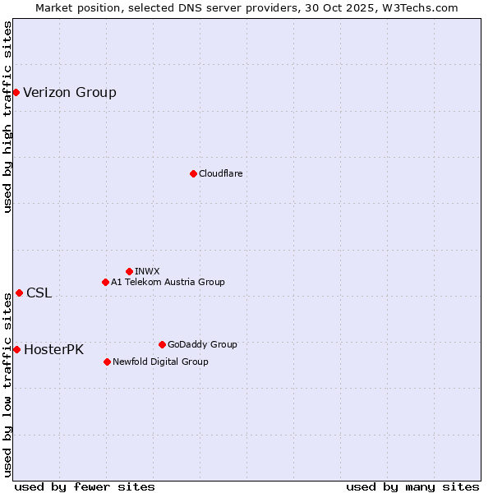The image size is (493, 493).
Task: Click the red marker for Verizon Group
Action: pos(16,92)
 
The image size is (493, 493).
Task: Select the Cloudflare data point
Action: pos(193,173)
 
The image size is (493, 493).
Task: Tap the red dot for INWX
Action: pos(129,271)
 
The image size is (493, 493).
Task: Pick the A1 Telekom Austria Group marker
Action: pos(105,282)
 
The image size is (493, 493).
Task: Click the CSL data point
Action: pos(19,293)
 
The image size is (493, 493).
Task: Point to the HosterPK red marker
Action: pos(16,349)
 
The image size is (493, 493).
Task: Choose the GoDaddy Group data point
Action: pos(162,344)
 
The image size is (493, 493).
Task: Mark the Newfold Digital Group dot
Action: pos(107,362)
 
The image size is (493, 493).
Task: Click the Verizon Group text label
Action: pos(70,92)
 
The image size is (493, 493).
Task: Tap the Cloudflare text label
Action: pos(220,173)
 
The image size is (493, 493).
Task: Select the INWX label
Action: pos(147,271)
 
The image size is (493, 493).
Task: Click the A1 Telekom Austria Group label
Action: pos(168,282)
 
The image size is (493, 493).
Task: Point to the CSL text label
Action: pos(39,293)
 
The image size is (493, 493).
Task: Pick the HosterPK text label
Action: pos(53,349)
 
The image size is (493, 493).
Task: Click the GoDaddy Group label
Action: pos(202,344)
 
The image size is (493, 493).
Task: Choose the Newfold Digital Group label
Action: pos(160,362)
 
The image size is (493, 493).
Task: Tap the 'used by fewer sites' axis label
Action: pos(85,486)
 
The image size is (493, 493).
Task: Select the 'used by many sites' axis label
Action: pos(412,486)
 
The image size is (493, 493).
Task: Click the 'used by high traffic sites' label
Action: pos(7,117)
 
